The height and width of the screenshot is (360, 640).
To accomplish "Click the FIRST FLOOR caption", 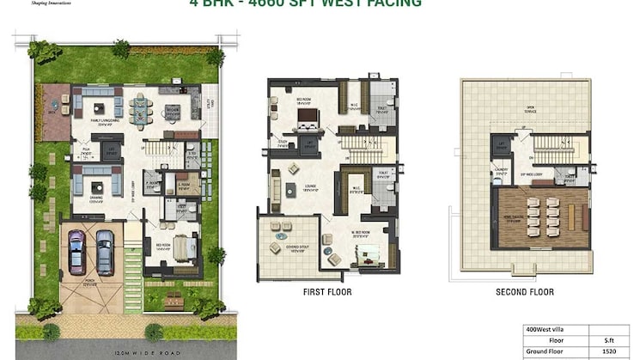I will click(327, 292).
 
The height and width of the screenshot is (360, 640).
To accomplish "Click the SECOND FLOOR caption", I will click(525, 292).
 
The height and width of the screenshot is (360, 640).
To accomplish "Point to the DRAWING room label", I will click(95, 198).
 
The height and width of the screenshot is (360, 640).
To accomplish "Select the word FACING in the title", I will click(392, 3).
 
